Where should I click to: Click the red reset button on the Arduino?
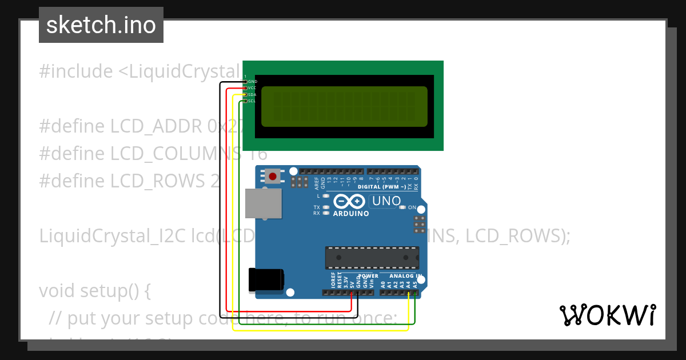click(273, 176)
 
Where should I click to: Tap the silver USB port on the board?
click(264, 203)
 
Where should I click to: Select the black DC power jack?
click(266, 280)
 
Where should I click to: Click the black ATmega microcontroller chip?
click(372, 258)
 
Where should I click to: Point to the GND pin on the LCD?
click(246, 82)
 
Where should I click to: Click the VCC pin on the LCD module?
click(246, 88)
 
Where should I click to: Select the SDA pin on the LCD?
click(246, 94)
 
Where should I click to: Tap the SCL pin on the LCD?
click(246, 101)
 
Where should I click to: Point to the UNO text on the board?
click(386, 201)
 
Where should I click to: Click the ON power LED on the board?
click(402, 207)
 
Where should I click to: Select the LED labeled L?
click(326, 196)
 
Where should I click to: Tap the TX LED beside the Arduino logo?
click(326, 207)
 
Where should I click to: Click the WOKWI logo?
click(607, 315)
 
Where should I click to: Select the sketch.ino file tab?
click(101, 25)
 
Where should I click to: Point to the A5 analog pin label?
click(415, 282)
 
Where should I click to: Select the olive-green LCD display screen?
click(344, 106)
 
